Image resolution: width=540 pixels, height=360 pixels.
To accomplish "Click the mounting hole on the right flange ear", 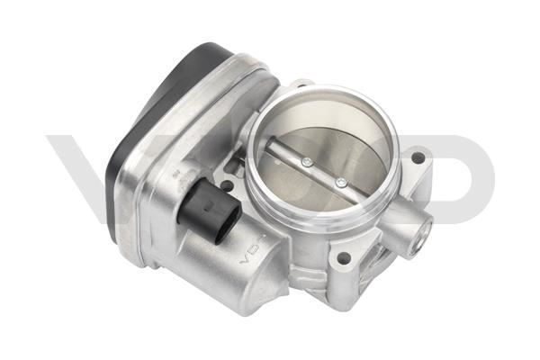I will (417, 158).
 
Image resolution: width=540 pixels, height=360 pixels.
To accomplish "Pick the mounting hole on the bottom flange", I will (343, 258).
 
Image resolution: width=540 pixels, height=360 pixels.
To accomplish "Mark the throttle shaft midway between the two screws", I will (324, 172).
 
